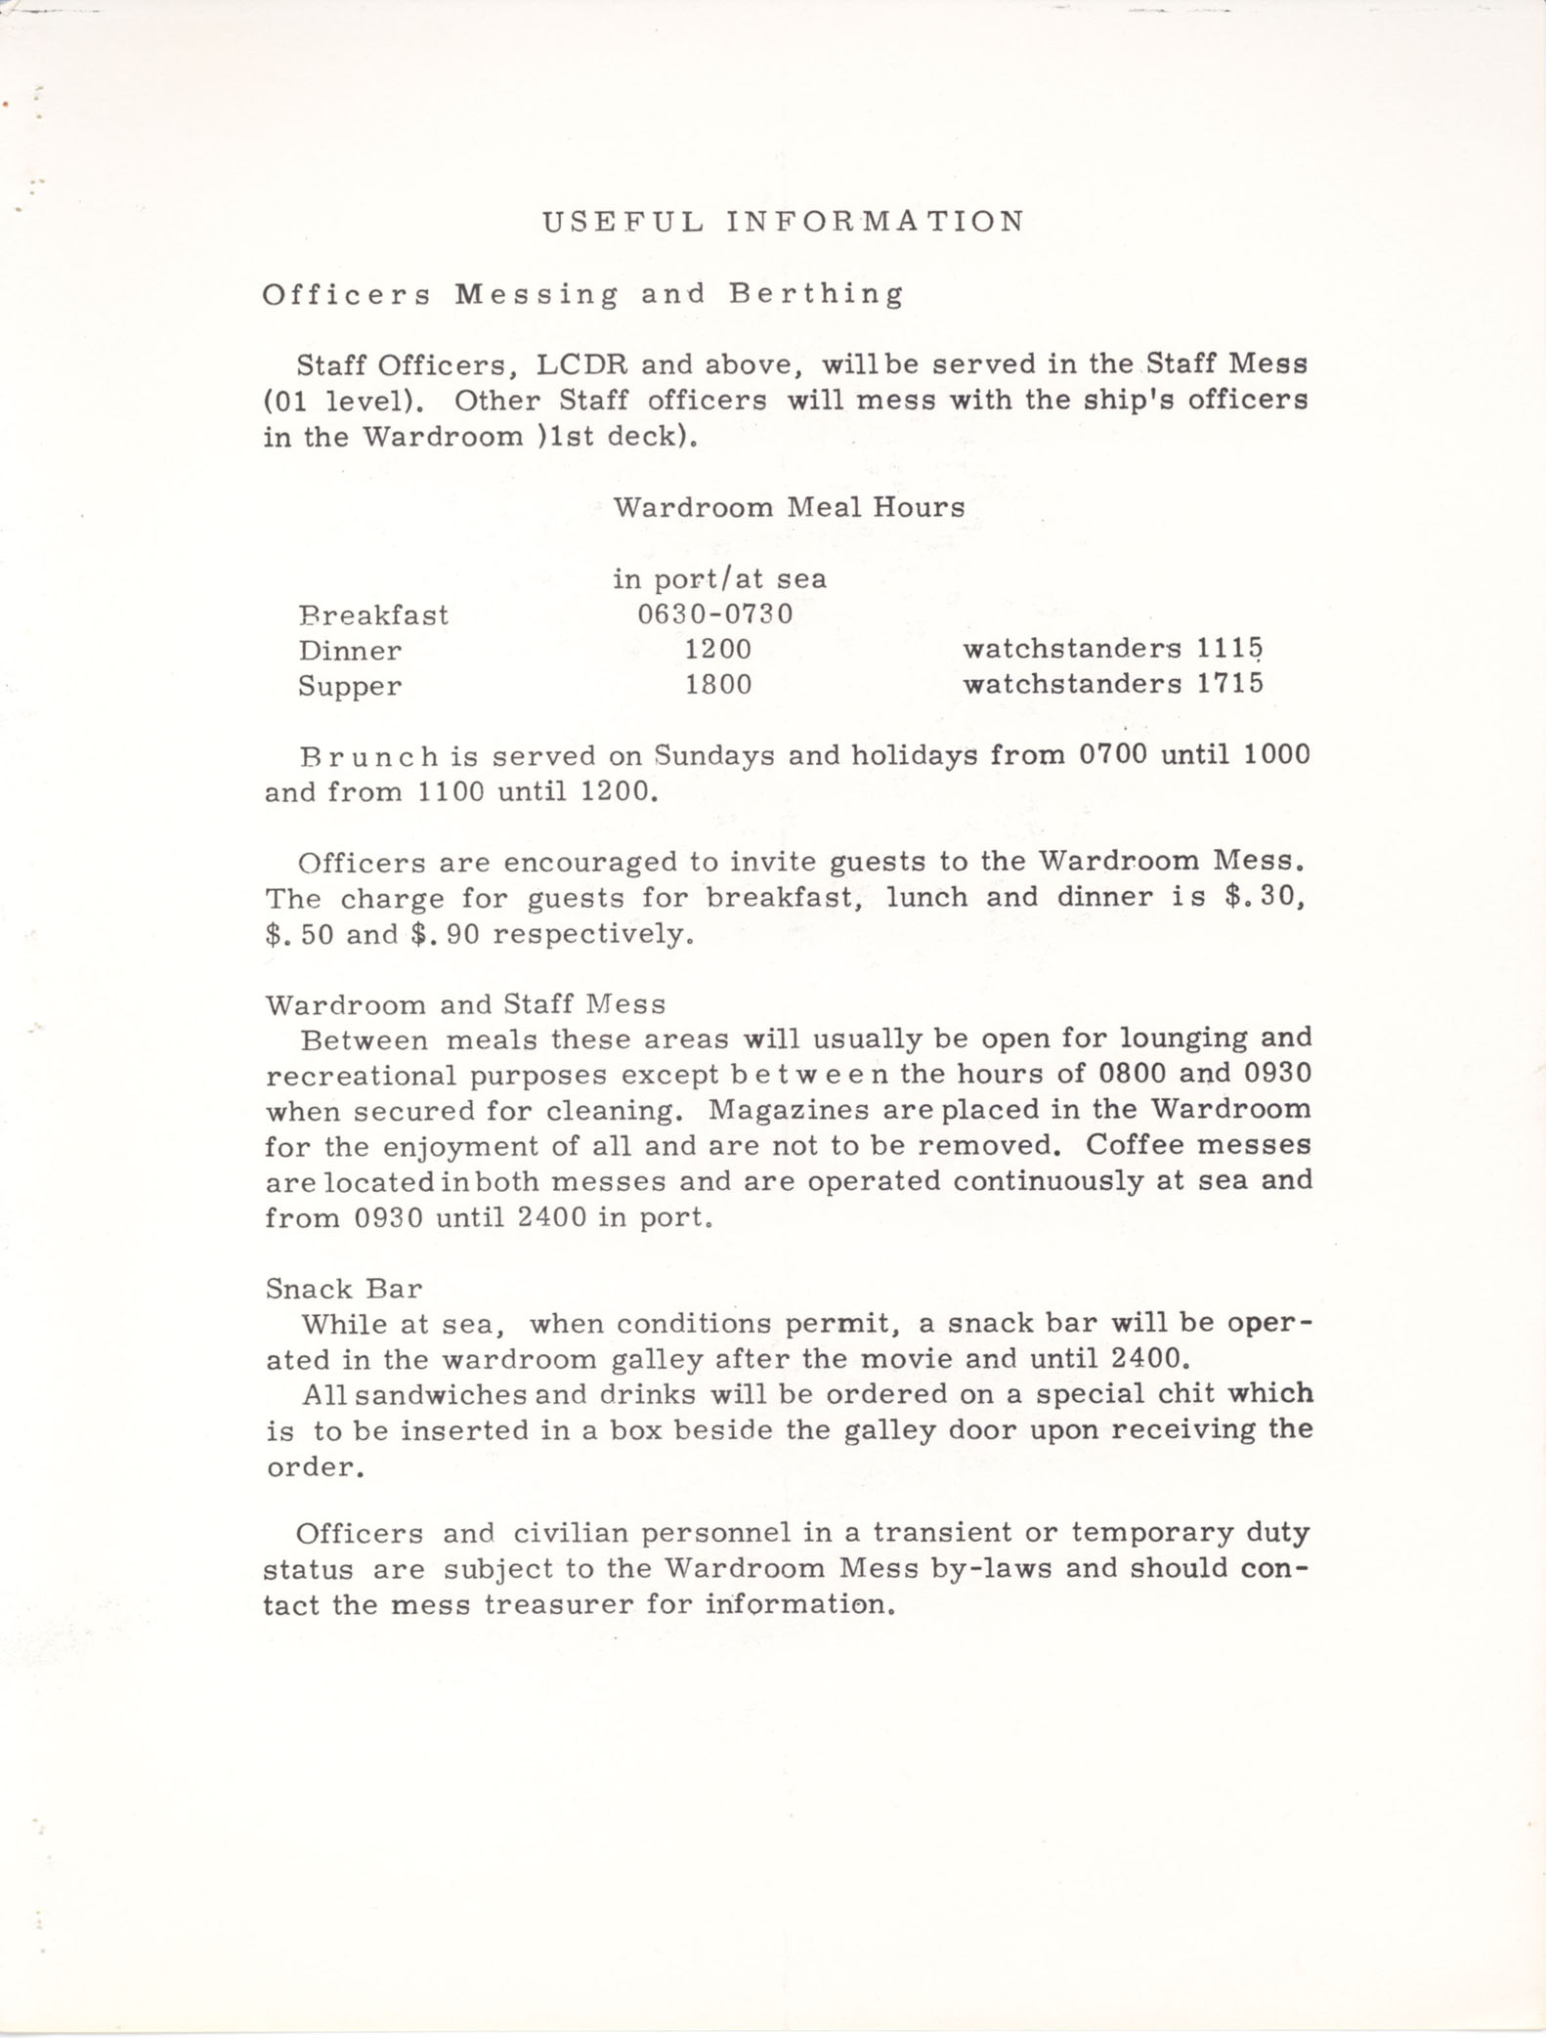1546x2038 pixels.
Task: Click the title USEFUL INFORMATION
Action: tap(784, 222)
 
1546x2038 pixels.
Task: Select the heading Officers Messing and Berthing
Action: tap(582, 294)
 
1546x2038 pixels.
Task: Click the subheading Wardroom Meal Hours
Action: tap(789, 507)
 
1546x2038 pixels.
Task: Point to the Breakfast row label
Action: tap(373, 616)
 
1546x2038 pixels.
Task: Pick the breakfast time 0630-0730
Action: tap(715, 615)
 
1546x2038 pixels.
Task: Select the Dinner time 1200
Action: tap(718, 650)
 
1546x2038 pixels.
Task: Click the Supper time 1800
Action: tap(718, 685)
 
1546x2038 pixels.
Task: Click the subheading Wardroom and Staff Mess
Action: tap(466, 1004)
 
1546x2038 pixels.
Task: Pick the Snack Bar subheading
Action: tap(344, 1289)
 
